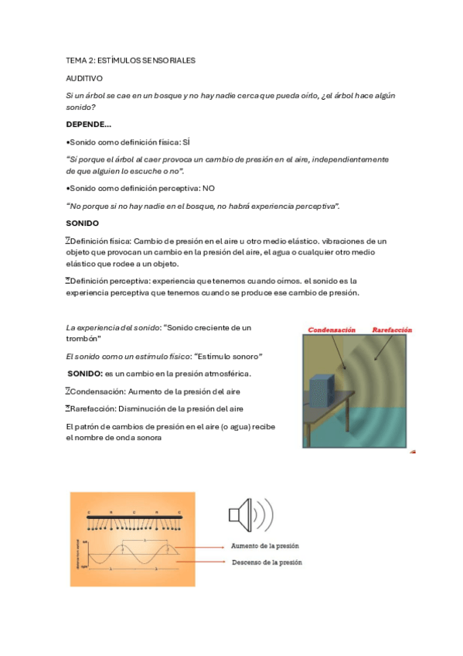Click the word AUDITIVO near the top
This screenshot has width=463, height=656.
click(83, 78)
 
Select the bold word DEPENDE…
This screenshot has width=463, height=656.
click(88, 125)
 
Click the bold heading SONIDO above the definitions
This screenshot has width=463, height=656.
click(82, 223)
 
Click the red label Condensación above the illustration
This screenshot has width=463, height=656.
click(332, 330)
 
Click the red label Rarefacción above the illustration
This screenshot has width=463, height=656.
click(392, 330)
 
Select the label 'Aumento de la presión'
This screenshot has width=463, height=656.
click(264, 545)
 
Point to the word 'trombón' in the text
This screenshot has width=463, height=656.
click(83, 340)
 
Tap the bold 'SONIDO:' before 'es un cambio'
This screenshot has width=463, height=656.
click(85, 374)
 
